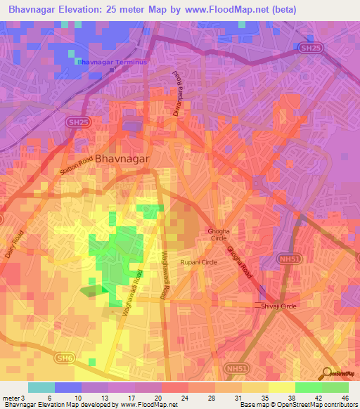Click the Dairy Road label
click(14, 245)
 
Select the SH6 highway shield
click(65, 358)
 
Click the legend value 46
click(345, 397)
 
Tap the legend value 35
click(264, 397)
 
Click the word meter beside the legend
click(10, 397)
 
